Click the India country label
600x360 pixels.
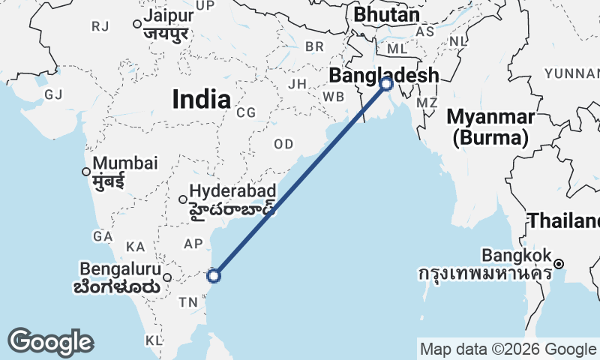[x=201, y=98]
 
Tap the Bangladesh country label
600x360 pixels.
[x=383, y=75]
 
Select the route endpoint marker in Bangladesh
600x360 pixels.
[x=386, y=84]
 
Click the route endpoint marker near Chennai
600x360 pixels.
[x=214, y=276]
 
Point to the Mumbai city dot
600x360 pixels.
[x=86, y=172]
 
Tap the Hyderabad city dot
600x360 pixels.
[x=183, y=199]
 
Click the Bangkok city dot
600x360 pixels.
[x=559, y=263]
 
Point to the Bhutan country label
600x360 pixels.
[x=386, y=15]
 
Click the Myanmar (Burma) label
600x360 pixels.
[x=491, y=127]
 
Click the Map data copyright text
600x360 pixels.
[x=508, y=349]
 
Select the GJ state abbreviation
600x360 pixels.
[x=53, y=94]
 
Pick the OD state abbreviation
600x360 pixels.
[x=284, y=144]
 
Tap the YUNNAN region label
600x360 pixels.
[x=572, y=73]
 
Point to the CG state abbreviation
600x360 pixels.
[x=246, y=112]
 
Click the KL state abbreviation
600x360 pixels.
[x=154, y=340]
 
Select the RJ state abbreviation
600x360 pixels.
[x=100, y=26]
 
